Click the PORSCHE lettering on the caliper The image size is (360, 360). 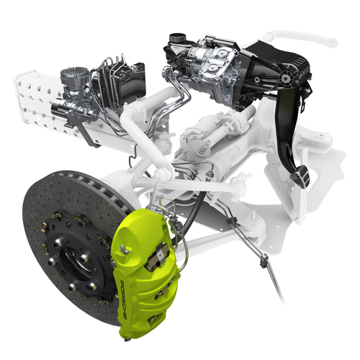coord(124,300)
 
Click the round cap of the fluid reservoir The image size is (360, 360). coord(176,37)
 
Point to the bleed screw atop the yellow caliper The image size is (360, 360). coord(124,249)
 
